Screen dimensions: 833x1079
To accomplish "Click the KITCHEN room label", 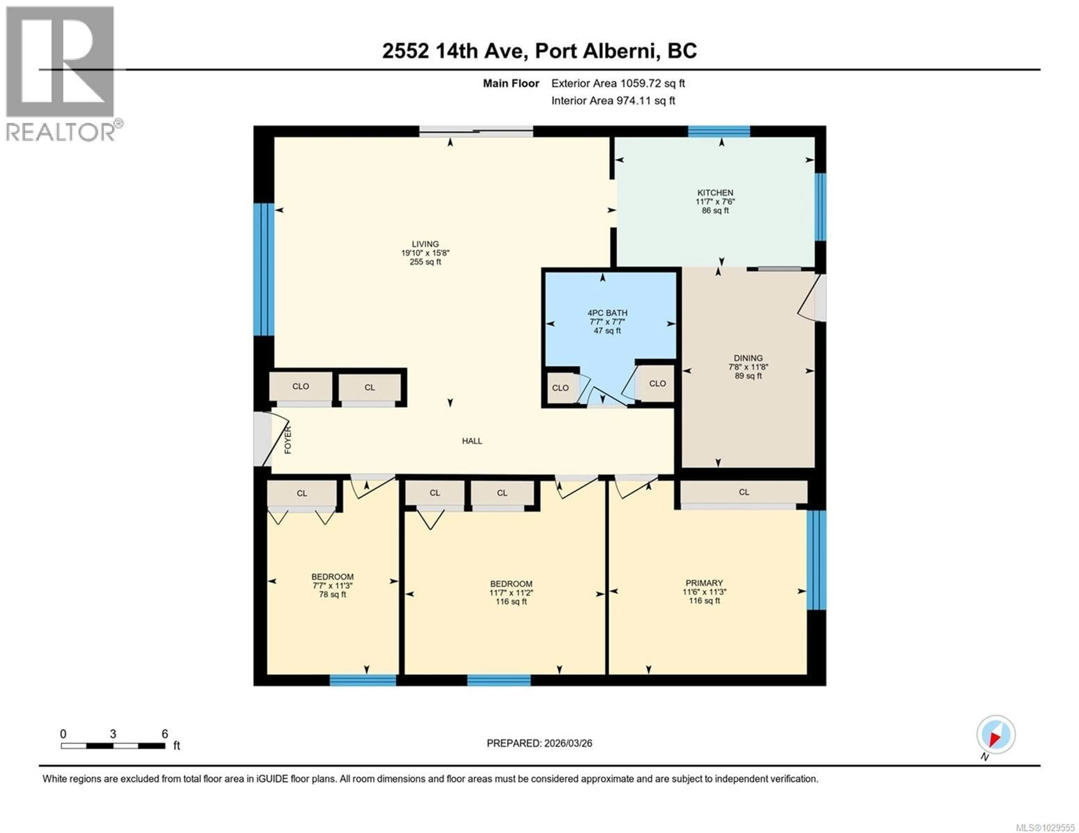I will pos(715,193).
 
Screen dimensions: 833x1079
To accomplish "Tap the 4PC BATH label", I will pos(607,312).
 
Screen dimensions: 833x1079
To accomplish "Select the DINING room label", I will pos(748,358).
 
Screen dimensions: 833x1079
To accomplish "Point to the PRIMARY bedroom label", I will pos(704,583).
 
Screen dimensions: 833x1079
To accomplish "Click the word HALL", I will pos(472,441).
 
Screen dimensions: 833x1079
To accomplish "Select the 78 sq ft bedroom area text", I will pos(332,595).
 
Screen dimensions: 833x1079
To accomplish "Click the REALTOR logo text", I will pos(62,132).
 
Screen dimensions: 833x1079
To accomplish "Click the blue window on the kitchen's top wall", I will pos(719,131).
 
